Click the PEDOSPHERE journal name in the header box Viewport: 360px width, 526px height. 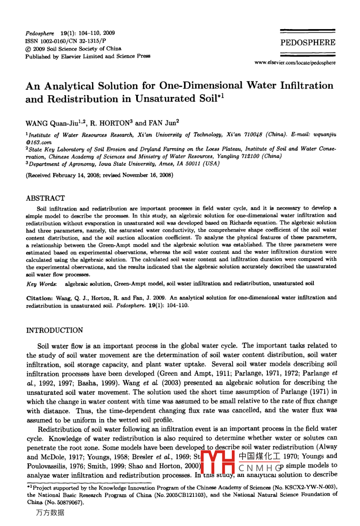(307, 43)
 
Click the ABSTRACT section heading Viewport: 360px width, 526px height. (45, 198)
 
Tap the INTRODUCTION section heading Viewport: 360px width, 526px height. (55, 330)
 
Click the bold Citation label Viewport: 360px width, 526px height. (39, 298)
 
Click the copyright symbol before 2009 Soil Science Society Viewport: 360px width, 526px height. (27, 49)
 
